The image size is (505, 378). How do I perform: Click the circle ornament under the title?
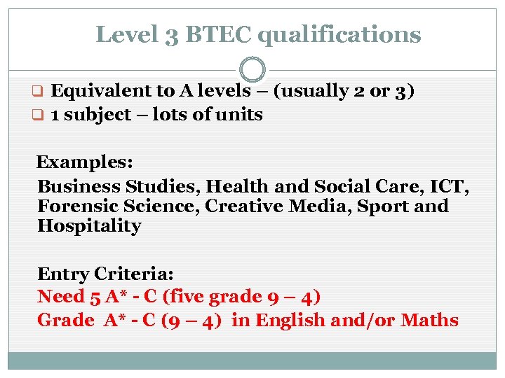tap(252, 69)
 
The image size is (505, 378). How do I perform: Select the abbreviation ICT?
tap(450, 187)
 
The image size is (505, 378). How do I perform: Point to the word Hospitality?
tap(89, 226)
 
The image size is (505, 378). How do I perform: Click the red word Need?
tap(61, 297)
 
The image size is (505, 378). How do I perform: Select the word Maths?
tap(429, 321)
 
